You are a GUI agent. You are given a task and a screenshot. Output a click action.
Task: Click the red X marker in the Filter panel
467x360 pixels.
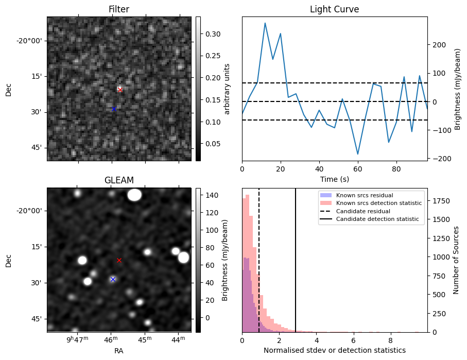click(x=120, y=90)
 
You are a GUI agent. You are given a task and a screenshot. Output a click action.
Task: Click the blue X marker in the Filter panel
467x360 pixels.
click(x=114, y=109)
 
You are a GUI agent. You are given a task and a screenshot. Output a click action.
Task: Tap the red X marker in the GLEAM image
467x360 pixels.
click(x=119, y=260)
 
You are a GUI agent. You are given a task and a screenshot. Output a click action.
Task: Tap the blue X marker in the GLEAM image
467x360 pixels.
click(x=113, y=279)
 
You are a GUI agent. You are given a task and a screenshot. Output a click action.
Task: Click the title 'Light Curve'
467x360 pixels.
click(x=334, y=9)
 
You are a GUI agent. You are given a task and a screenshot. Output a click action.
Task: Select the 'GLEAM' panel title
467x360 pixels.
click(x=119, y=180)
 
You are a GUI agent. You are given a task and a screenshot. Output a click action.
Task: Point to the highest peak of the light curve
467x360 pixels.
click(x=265, y=23)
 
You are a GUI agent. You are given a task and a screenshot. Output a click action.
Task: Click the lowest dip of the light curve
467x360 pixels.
click(x=358, y=154)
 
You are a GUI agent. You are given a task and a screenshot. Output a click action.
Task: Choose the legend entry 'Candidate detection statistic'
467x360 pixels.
click(x=378, y=220)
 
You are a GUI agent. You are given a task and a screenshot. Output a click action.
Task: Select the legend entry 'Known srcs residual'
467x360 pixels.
click(x=365, y=195)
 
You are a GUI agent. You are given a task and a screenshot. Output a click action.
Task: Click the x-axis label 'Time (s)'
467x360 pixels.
click(x=334, y=179)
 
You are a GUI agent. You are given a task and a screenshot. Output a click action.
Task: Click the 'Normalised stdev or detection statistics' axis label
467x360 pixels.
click(x=334, y=350)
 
